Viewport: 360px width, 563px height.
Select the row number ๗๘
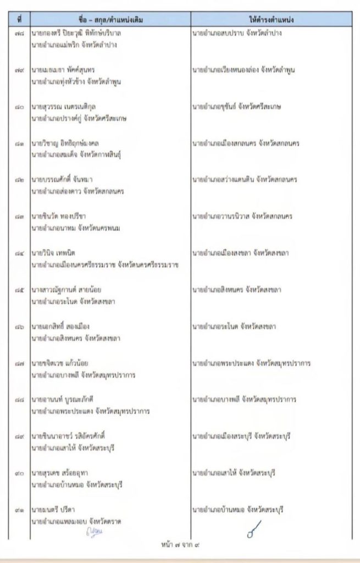click(x=19, y=34)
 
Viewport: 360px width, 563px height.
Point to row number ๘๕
click(x=19, y=290)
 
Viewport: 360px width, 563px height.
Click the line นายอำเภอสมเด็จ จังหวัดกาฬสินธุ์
click(x=76, y=154)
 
